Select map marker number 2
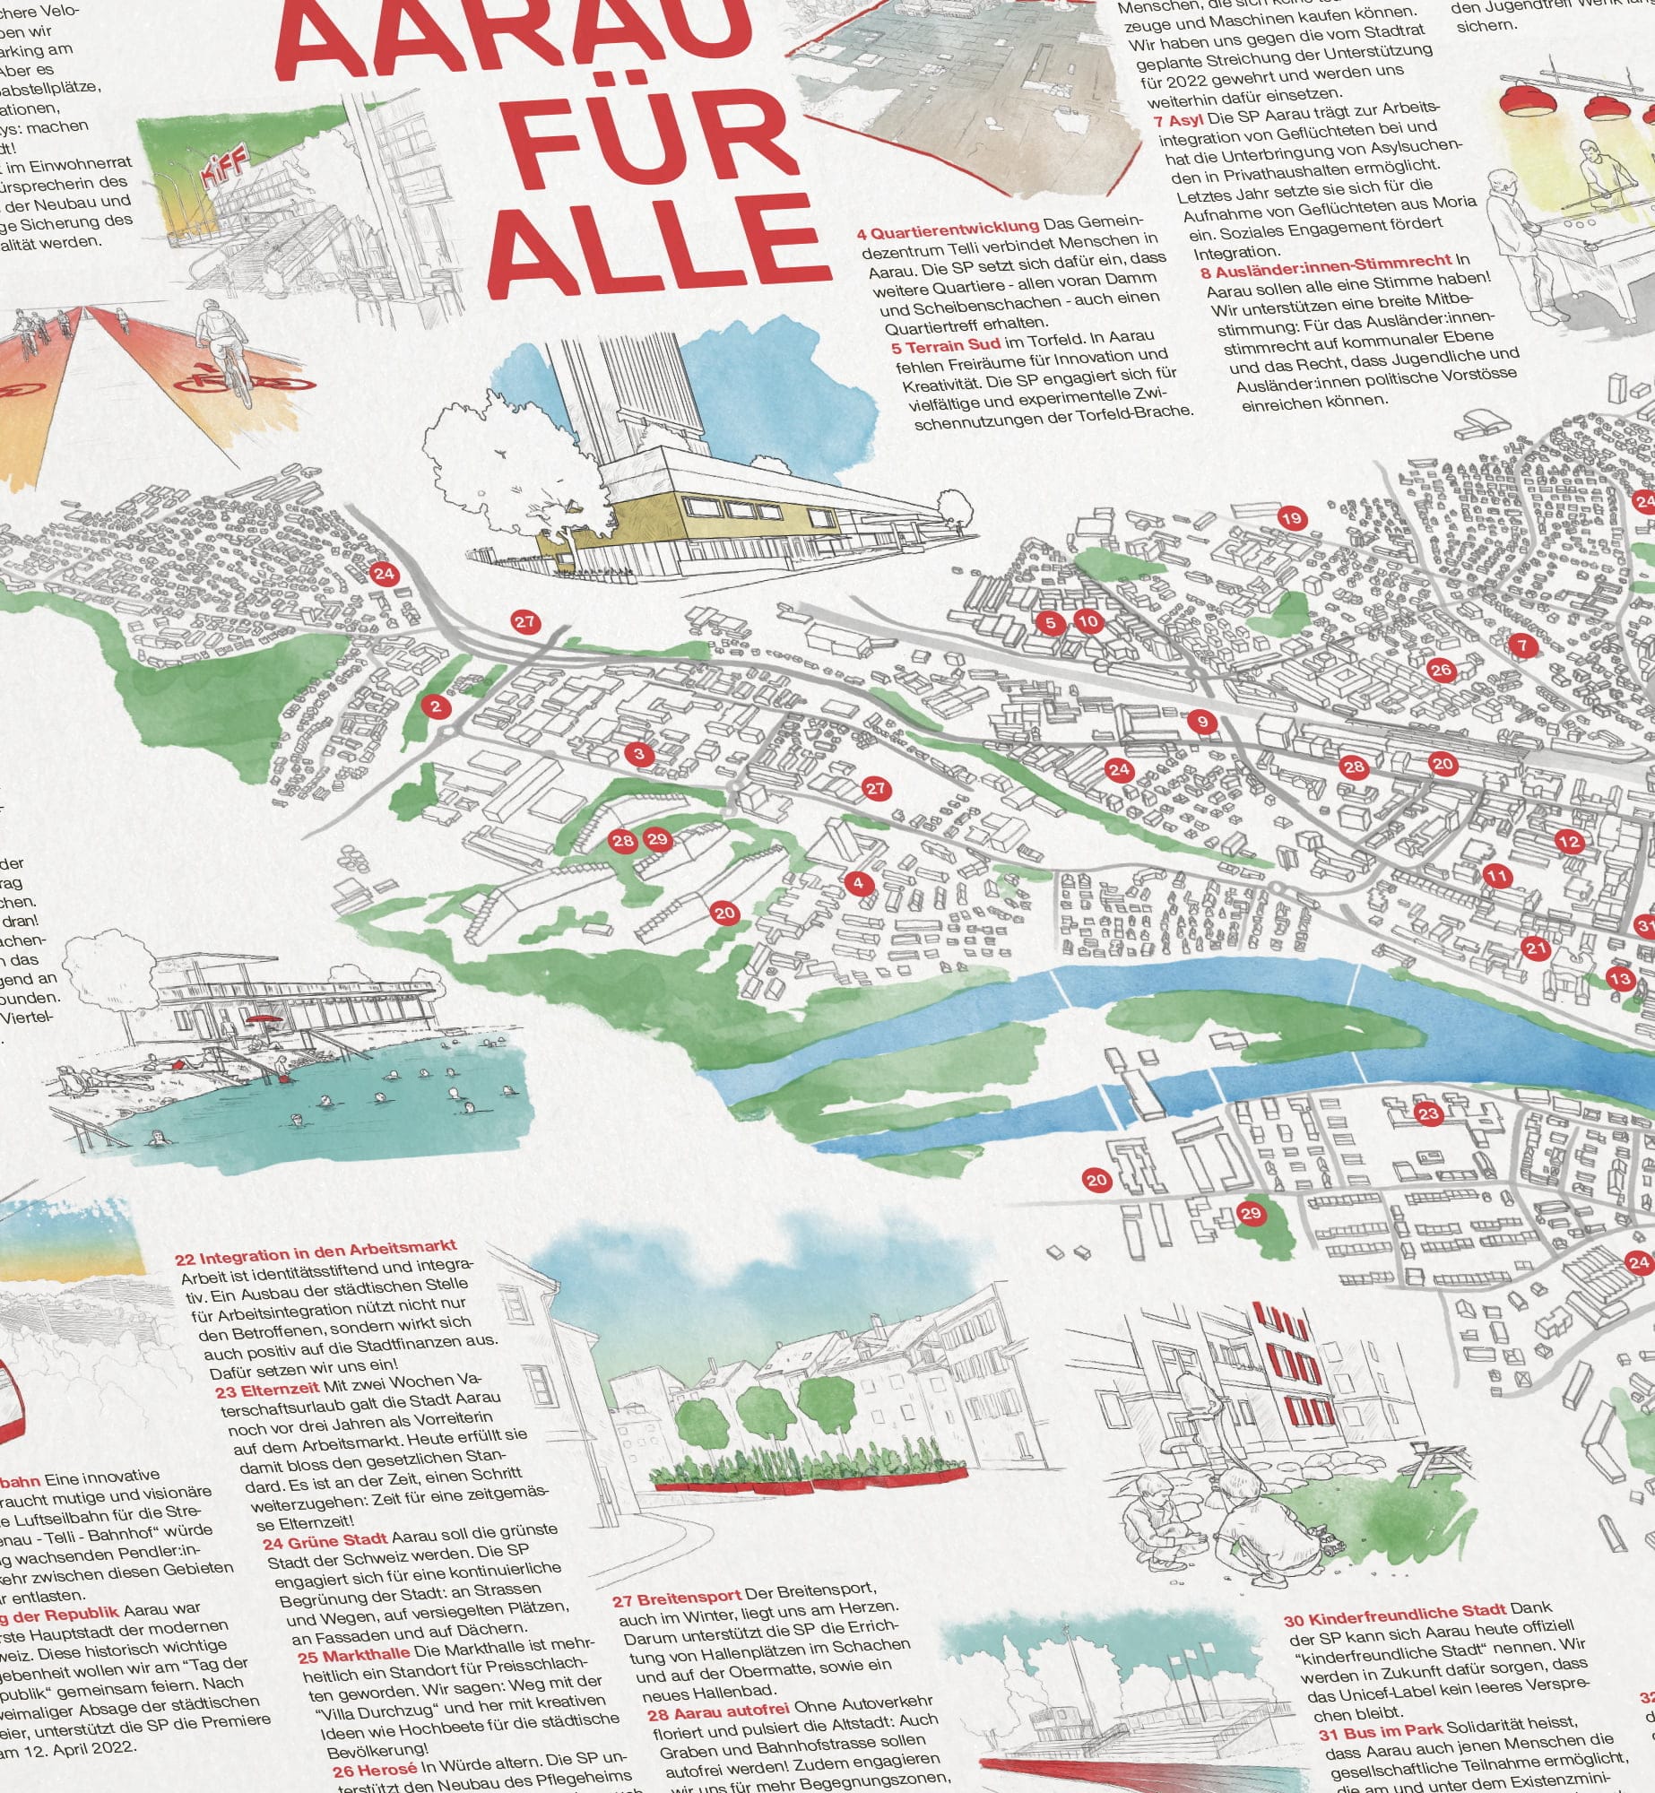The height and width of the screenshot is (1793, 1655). click(436, 706)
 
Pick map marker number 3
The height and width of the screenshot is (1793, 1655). click(639, 754)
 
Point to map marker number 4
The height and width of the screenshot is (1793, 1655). click(858, 883)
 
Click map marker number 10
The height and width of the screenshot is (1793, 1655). click(1087, 621)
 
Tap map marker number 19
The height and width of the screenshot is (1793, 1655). click(1291, 518)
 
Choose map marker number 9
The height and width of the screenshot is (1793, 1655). click(1202, 721)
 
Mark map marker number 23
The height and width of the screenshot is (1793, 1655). click(1427, 1114)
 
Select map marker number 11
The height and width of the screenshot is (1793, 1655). click(1497, 876)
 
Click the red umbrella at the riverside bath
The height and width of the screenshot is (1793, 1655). click(264, 1020)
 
